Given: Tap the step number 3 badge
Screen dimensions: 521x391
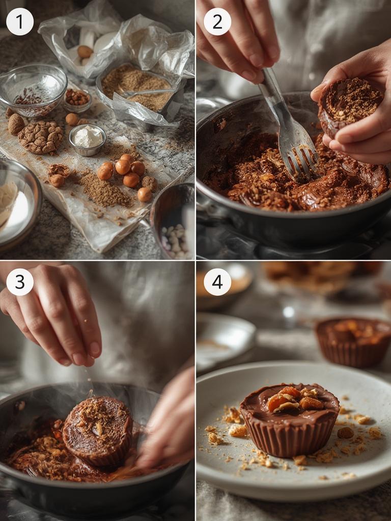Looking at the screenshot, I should click(x=20, y=282).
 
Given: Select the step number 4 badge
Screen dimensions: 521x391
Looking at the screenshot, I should click(x=217, y=282).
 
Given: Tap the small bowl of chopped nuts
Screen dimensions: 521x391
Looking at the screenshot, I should click(x=77, y=98).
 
